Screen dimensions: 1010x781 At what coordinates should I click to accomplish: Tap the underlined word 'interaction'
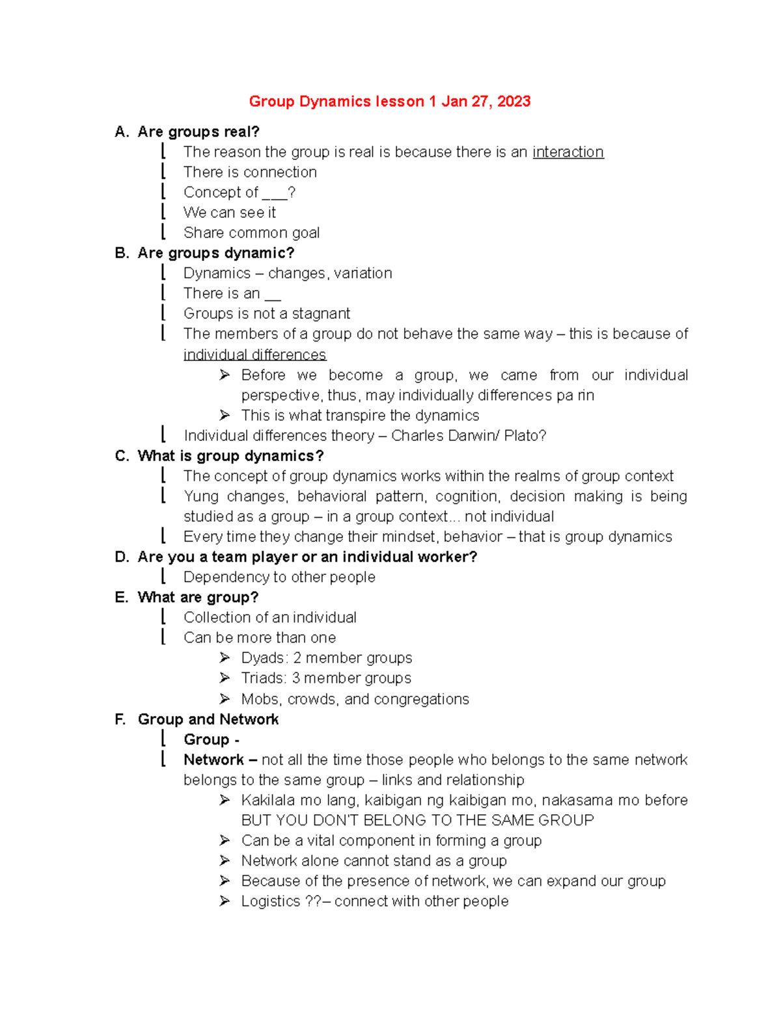click(568, 152)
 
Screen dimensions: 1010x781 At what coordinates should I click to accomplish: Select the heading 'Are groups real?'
click(199, 132)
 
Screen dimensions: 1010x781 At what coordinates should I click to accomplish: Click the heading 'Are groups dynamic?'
click(215, 253)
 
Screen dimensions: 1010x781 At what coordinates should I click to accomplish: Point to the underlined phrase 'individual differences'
click(254, 354)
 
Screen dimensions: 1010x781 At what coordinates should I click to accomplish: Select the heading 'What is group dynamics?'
click(230, 456)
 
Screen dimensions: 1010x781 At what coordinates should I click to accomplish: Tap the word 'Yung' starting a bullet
click(201, 496)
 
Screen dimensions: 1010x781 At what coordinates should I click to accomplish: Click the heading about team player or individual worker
click(307, 557)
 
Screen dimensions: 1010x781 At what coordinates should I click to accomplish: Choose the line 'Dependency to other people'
click(279, 577)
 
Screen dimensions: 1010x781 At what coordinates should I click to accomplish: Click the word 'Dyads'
click(263, 658)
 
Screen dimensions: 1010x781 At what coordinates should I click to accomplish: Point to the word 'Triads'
click(264, 678)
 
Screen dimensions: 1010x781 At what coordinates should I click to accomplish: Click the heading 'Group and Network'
click(208, 719)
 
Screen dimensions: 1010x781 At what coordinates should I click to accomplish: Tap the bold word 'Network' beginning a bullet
click(213, 760)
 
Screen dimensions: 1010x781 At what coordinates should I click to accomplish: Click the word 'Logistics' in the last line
click(271, 901)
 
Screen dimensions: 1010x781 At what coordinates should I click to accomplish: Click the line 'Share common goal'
click(251, 233)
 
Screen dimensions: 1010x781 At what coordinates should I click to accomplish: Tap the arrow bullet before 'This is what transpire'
click(225, 415)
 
